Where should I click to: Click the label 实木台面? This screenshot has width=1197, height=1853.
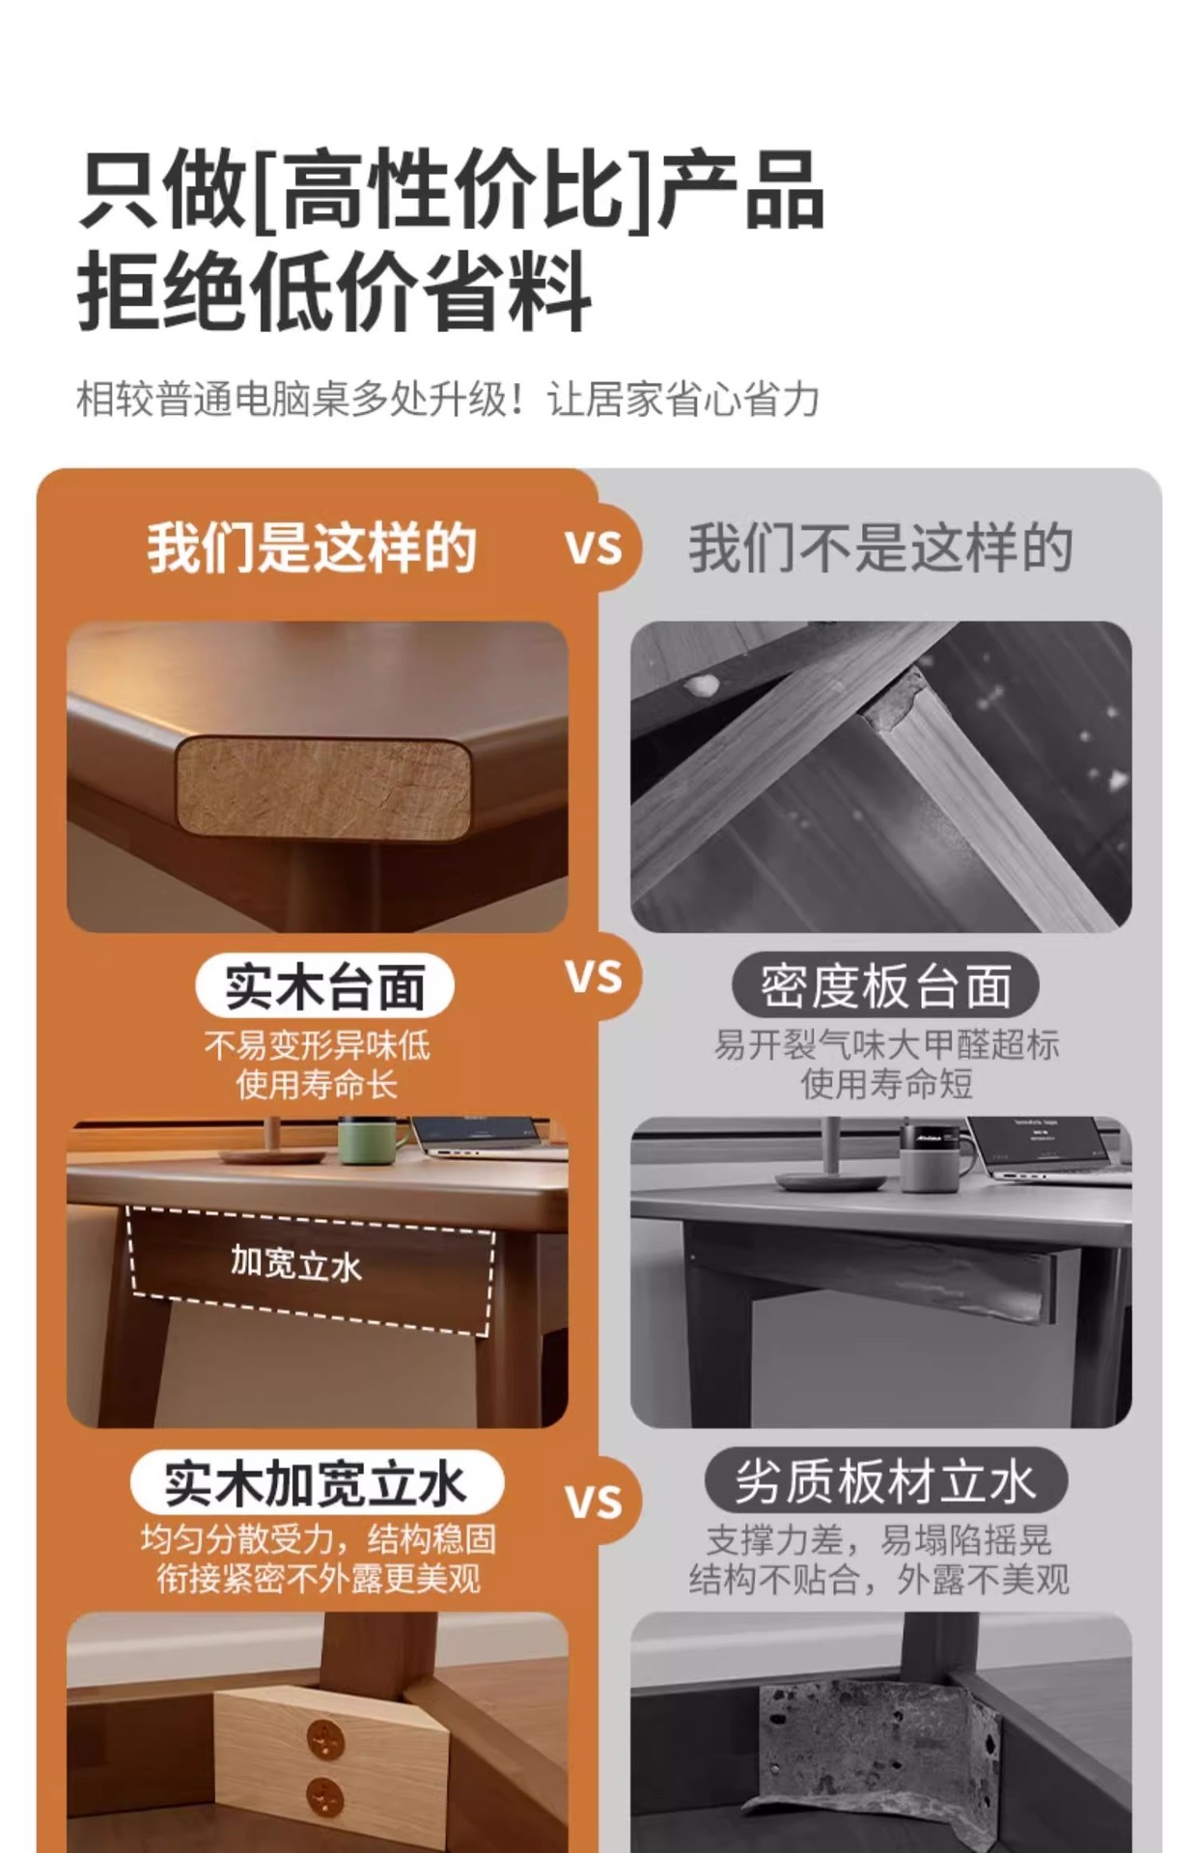click(324, 986)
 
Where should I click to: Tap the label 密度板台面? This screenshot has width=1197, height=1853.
click(885, 986)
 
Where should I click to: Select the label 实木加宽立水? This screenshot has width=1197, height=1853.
click(317, 1483)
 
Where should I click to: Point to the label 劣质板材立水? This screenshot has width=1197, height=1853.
click(885, 1481)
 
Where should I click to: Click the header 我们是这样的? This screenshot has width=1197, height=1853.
click(312, 547)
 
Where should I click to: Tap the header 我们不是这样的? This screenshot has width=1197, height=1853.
click(880, 547)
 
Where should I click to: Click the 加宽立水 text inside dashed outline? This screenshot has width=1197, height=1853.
click(295, 1262)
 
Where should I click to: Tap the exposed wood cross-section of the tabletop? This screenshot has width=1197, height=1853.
click(323, 787)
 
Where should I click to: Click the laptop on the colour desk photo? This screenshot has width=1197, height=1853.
click(487, 1137)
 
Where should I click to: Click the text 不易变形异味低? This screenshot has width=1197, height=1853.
click(318, 1045)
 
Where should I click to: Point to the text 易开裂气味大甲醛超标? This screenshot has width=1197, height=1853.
click(886, 1044)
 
